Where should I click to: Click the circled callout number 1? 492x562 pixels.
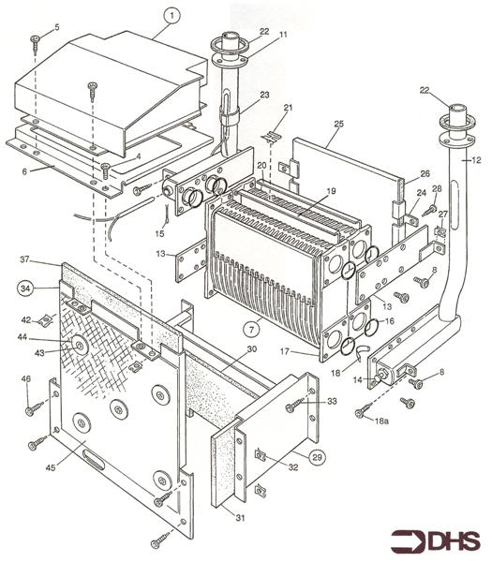171,15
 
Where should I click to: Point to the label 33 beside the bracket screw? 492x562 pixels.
331,401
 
